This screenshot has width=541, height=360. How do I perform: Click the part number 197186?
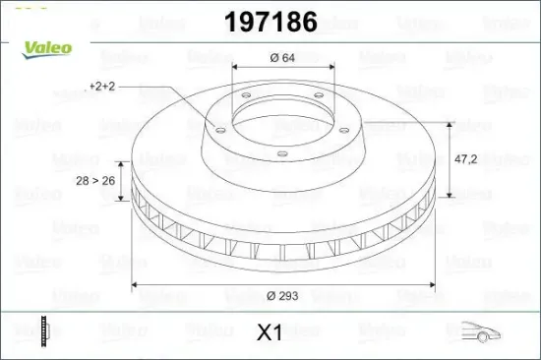pos(271,21)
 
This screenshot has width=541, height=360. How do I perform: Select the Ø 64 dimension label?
pos(283,58)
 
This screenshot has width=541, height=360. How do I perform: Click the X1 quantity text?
pos(270,332)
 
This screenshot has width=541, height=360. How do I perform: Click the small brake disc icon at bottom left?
pos(42,331)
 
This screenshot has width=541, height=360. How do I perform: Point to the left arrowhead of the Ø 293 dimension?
pos(136,285)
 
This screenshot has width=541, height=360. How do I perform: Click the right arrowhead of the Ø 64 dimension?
pos(332,68)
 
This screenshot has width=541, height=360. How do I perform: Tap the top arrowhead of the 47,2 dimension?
pos(451,126)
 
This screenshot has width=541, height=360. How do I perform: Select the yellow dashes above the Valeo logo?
pos(22,6)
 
